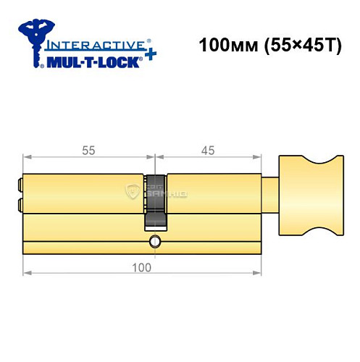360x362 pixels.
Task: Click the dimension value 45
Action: pos(207,150)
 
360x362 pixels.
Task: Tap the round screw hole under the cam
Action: pos(154,240)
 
